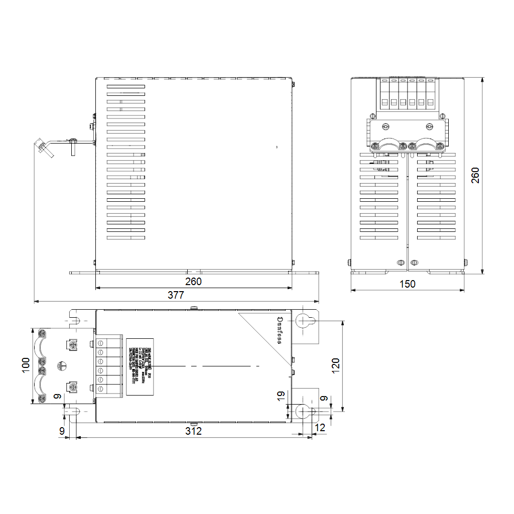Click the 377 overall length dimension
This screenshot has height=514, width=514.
(x=176, y=295)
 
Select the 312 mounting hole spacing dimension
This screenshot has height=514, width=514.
(x=193, y=431)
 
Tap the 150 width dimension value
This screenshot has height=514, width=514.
(x=408, y=284)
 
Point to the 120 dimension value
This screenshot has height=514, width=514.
(x=336, y=364)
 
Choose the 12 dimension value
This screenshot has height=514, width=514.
(x=320, y=428)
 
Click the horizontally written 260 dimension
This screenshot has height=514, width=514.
(x=193, y=282)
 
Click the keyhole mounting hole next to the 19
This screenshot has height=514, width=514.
(x=304, y=411)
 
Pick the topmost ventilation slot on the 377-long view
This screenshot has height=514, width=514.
(x=125, y=86)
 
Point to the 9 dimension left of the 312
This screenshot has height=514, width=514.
(x=62, y=431)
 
